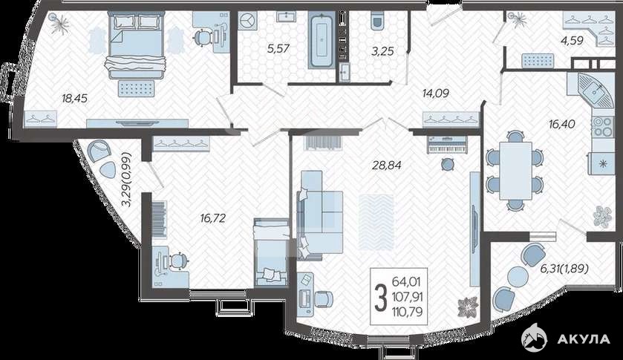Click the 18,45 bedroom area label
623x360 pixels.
75,98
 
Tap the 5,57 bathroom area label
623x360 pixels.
278,49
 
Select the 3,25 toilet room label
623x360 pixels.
382,51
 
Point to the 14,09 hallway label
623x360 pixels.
435,93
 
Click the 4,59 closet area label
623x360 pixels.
571,40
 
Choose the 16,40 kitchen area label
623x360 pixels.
561,124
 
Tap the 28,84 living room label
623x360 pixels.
387,165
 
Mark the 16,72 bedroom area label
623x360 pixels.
213,217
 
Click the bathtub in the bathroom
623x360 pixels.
321,40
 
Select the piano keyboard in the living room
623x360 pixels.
448,145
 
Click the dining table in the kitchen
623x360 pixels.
515,171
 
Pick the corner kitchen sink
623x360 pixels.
595,91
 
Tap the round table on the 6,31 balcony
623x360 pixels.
518,277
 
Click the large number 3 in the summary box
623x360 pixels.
381,298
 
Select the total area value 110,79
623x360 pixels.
406,311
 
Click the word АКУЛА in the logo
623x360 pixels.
583,339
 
